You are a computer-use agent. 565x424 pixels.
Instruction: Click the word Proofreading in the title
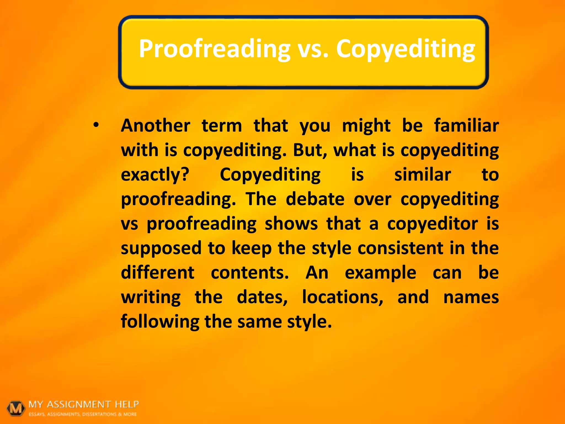(x=214, y=49)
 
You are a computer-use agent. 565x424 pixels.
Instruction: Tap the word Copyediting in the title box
(x=406, y=49)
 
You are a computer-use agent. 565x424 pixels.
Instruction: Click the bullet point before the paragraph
(x=96, y=125)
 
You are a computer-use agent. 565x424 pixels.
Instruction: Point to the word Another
(x=156, y=126)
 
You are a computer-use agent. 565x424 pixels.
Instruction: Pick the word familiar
(x=466, y=126)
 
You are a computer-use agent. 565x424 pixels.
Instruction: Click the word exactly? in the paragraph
(x=155, y=175)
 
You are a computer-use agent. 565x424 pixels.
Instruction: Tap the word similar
(x=423, y=175)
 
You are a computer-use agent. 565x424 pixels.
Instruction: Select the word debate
(x=315, y=199)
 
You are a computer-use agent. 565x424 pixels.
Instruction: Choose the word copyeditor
(x=432, y=224)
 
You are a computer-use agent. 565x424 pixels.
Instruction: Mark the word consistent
(x=401, y=248)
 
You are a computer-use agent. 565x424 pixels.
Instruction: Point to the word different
(x=158, y=272)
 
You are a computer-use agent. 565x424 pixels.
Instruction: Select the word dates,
(x=262, y=297)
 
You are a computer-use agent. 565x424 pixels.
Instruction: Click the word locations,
(x=343, y=297)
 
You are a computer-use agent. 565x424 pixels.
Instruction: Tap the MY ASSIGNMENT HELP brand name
(x=84, y=404)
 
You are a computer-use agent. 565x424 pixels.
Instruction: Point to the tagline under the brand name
(x=83, y=414)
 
